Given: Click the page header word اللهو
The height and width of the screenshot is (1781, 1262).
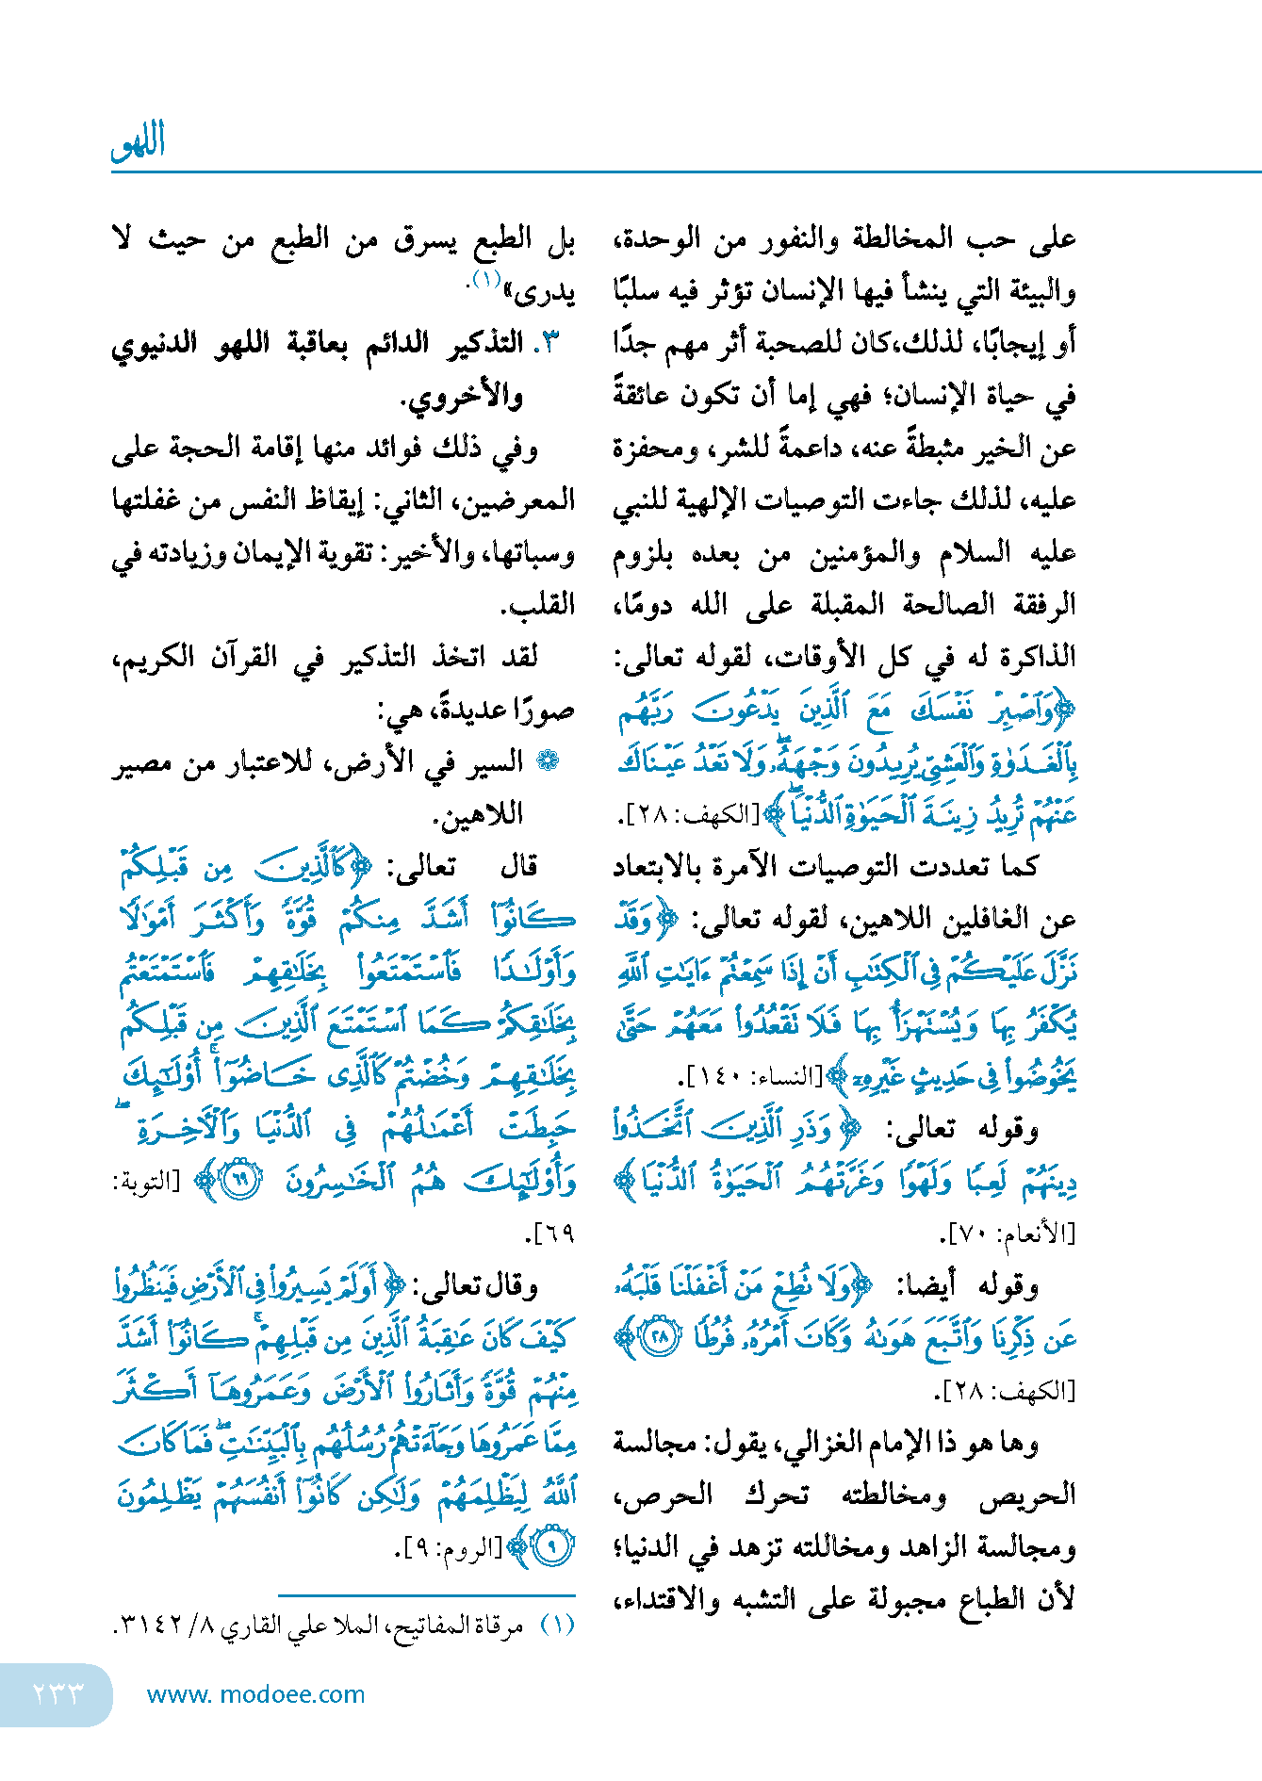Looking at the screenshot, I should coord(139,142).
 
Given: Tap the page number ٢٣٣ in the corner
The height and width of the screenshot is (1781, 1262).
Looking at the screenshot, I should coord(58,1693).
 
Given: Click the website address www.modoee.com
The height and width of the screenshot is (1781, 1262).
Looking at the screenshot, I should coord(255,1694).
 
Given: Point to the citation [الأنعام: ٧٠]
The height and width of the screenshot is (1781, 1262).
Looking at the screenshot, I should coord(1008,1233).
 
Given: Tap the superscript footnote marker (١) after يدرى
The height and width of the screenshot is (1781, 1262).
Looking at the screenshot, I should coord(484,280).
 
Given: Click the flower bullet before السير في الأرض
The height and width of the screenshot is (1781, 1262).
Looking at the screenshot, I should coord(547,761).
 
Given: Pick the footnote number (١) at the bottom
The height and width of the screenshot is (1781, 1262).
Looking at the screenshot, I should coord(558,1626).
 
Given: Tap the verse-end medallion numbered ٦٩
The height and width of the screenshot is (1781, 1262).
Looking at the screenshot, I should coord(240,1181).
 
